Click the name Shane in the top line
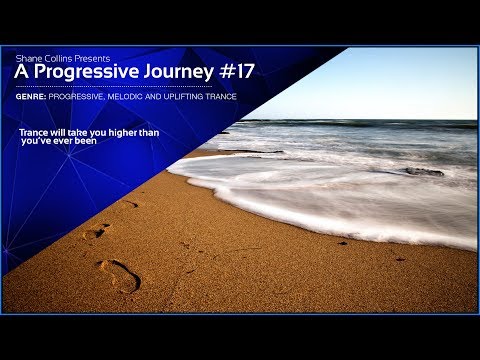click(x=27, y=59)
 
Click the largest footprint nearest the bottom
click(x=119, y=276)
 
